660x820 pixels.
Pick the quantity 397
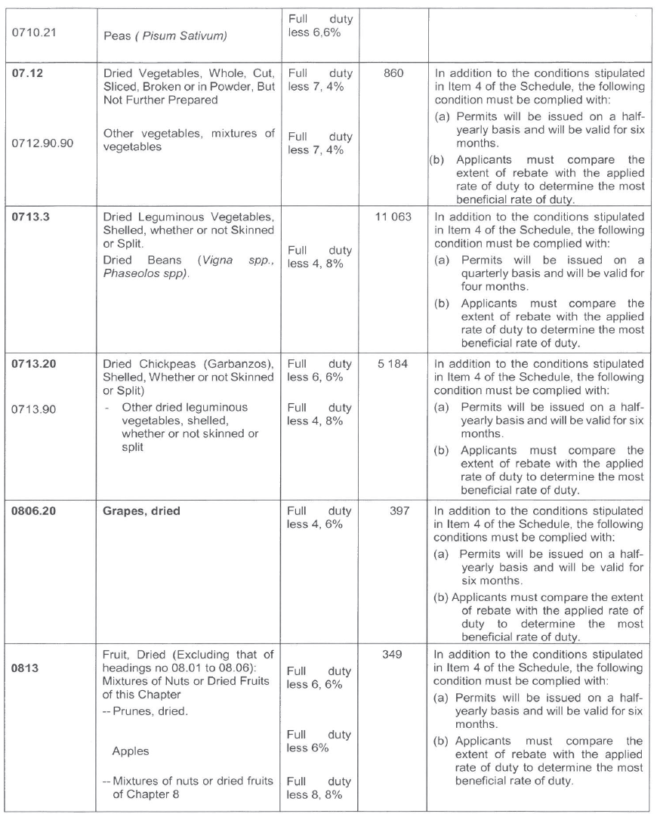[393, 511]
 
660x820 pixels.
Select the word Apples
[131, 751]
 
